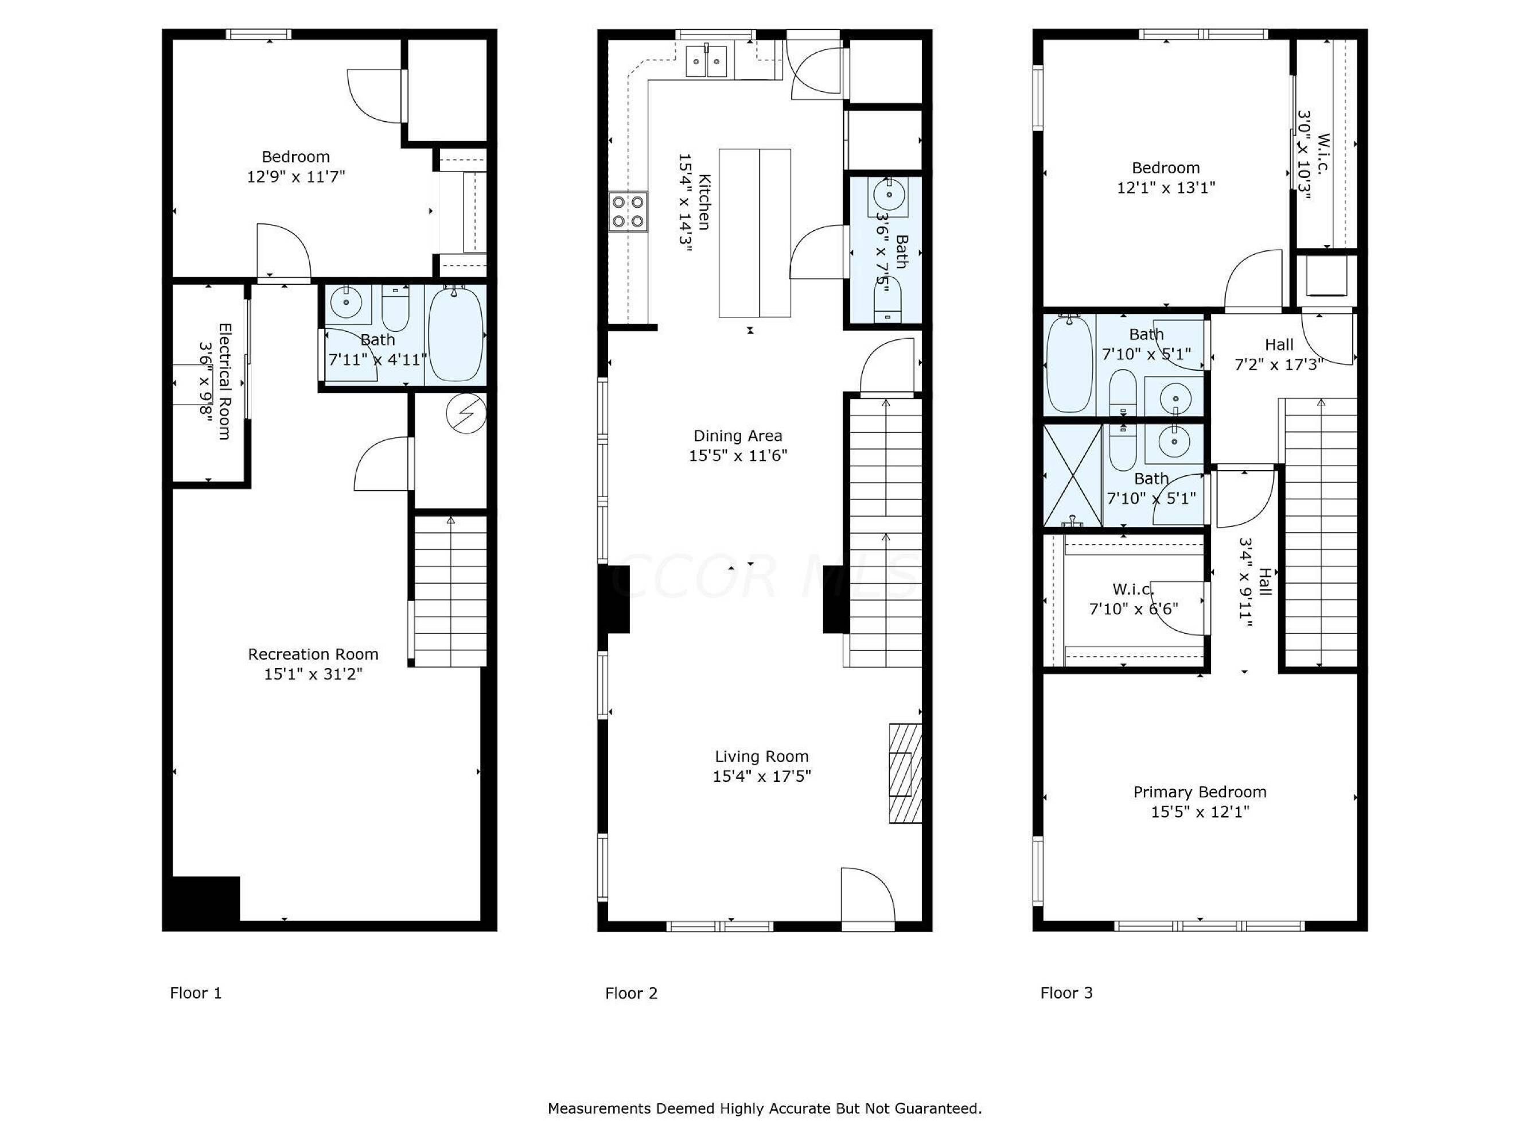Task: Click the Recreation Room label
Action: click(313, 654)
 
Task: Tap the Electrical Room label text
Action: click(224, 381)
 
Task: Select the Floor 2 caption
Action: click(631, 994)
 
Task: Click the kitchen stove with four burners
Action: click(628, 212)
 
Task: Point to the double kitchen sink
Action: click(707, 61)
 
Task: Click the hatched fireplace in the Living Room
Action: click(905, 774)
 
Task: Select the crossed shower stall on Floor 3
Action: click(1072, 476)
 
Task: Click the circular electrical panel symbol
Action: click(466, 414)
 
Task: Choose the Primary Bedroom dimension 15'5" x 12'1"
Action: click(1200, 812)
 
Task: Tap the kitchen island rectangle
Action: click(754, 233)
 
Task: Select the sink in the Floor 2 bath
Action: click(887, 195)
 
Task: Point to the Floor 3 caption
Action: click(1066, 994)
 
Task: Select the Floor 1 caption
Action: click(196, 994)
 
